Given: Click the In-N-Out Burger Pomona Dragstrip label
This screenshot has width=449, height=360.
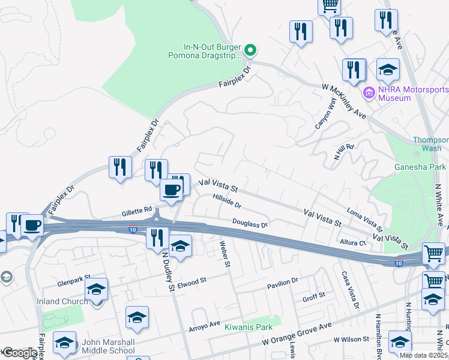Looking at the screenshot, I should (212, 52).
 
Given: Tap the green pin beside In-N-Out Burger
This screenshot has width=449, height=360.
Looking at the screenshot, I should (252, 49).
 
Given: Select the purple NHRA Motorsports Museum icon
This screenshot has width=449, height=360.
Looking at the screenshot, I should (369, 93).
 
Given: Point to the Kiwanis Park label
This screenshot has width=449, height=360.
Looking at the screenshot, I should (249, 327).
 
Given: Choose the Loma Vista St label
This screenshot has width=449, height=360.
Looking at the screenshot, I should (365, 220).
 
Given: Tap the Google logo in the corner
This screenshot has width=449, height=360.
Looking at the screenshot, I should (19, 353).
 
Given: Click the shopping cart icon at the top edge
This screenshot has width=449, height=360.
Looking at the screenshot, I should (329, 5).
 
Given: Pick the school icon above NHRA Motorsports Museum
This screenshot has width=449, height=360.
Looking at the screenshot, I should (388, 70).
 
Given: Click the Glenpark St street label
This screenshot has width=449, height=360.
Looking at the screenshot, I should (73, 277).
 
